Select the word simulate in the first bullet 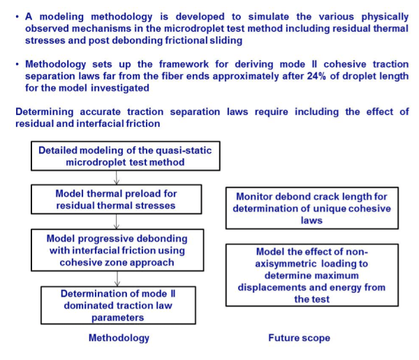click(269, 17)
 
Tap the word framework click(184, 64)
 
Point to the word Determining click(45, 112)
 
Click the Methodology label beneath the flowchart click(119, 338)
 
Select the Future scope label click(300, 338)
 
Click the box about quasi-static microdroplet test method click(126, 156)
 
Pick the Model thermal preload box click(116, 200)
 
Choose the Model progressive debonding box click(117, 250)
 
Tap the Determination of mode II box click(118, 306)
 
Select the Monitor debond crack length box click(312, 209)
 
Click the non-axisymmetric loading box click(312, 275)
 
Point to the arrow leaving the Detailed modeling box click(116, 178)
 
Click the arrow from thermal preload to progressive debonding click(116, 222)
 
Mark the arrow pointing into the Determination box click(117, 279)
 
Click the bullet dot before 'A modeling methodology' click(17, 17)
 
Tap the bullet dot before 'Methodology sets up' click(17, 64)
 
